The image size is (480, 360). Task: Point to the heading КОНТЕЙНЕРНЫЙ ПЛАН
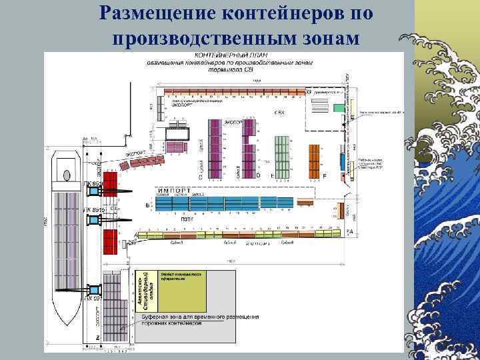[x=227, y=55]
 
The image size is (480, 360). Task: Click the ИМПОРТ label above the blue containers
[x=175, y=191]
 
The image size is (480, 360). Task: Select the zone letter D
[x=258, y=175]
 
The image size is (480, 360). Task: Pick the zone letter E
[x=272, y=175]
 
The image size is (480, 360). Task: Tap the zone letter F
[x=324, y=175]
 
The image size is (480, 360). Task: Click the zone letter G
[x=308, y=91]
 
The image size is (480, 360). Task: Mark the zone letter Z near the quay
[x=97, y=338]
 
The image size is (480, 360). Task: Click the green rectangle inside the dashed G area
[x=341, y=107]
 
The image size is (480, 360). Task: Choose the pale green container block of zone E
[x=283, y=157]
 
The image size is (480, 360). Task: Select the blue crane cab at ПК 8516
[x=93, y=191]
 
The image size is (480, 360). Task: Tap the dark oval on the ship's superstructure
[x=67, y=176]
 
